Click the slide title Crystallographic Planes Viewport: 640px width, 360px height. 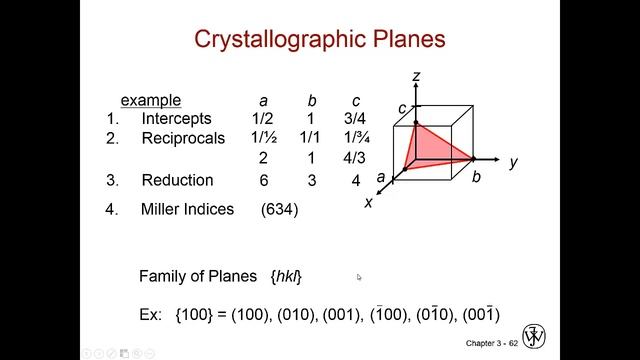pos(319,41)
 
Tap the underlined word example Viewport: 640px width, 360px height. pos(151,100)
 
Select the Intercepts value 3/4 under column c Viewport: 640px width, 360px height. pos(356,119)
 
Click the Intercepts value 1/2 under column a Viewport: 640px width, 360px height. pos(263,119)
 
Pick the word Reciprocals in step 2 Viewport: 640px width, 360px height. pos(183,138)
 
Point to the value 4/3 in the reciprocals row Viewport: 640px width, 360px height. pos(356,159)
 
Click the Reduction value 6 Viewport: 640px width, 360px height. pos(263,180)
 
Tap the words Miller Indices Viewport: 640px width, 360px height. pos(187,209)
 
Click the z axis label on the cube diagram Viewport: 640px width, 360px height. pos(415,76)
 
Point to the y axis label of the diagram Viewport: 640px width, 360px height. pos(512,162)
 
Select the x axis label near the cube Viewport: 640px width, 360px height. pos(369,201)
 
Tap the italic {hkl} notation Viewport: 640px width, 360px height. pos(286,275)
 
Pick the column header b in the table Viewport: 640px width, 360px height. pos(310,100)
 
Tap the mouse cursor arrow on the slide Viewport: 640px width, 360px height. pos(359,278)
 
